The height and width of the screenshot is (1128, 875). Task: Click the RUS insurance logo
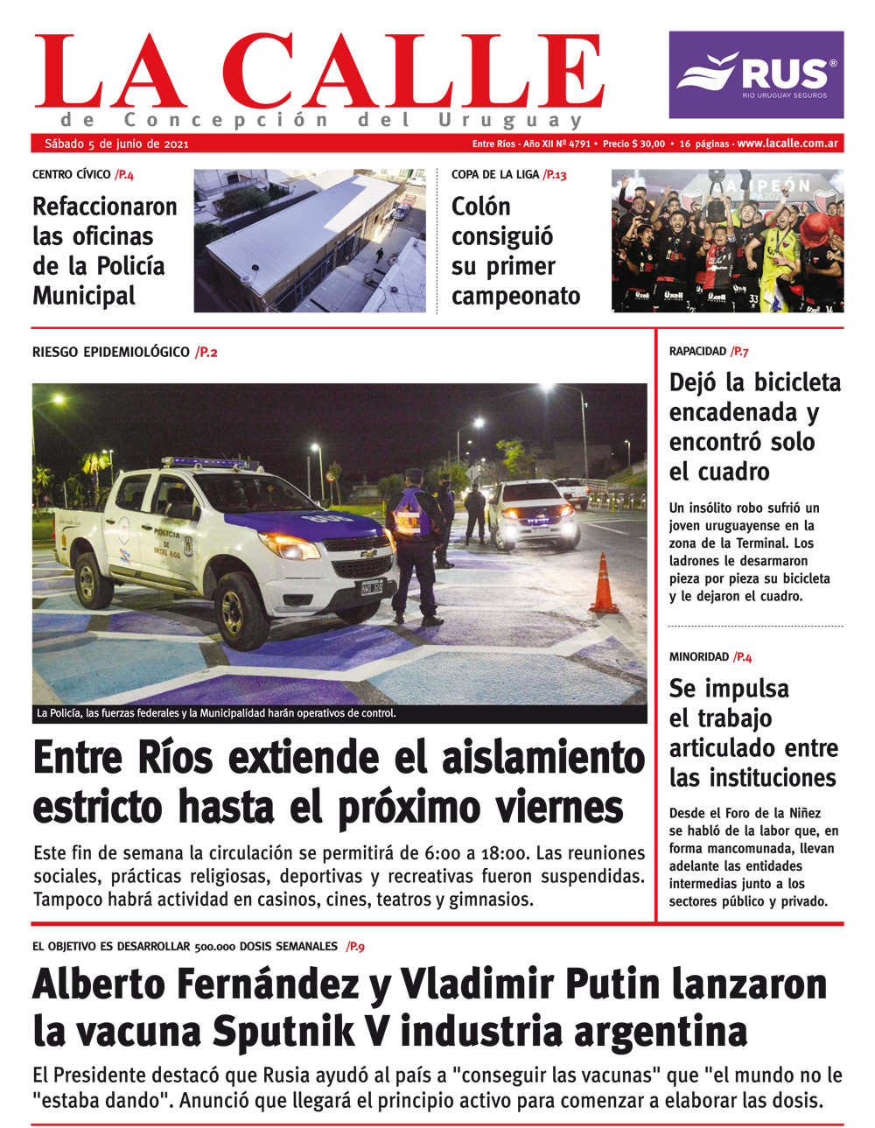tap(756, 74)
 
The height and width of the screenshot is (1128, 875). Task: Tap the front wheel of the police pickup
tap(241, 609)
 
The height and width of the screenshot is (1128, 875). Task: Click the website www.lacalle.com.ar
tap(787, 144)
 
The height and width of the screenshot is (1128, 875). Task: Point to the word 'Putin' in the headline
tap(615, 984)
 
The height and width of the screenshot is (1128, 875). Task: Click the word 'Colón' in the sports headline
tap(480, 207)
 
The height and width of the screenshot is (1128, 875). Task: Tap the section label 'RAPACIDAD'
tap(697, 352)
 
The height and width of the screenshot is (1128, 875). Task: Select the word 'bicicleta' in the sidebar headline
tap(797, 382)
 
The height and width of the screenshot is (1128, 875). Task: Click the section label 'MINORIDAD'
tap(698, 657)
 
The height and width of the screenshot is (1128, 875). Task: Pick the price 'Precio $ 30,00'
tap(633, 144)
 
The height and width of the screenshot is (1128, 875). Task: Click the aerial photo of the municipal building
tap(309, 241)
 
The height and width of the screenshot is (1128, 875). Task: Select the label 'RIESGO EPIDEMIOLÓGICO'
tap(110, 353)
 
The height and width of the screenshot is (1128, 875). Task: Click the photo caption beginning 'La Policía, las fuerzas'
tap(216, 713)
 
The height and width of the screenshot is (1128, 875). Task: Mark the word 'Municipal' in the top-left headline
tap(84, 296)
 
